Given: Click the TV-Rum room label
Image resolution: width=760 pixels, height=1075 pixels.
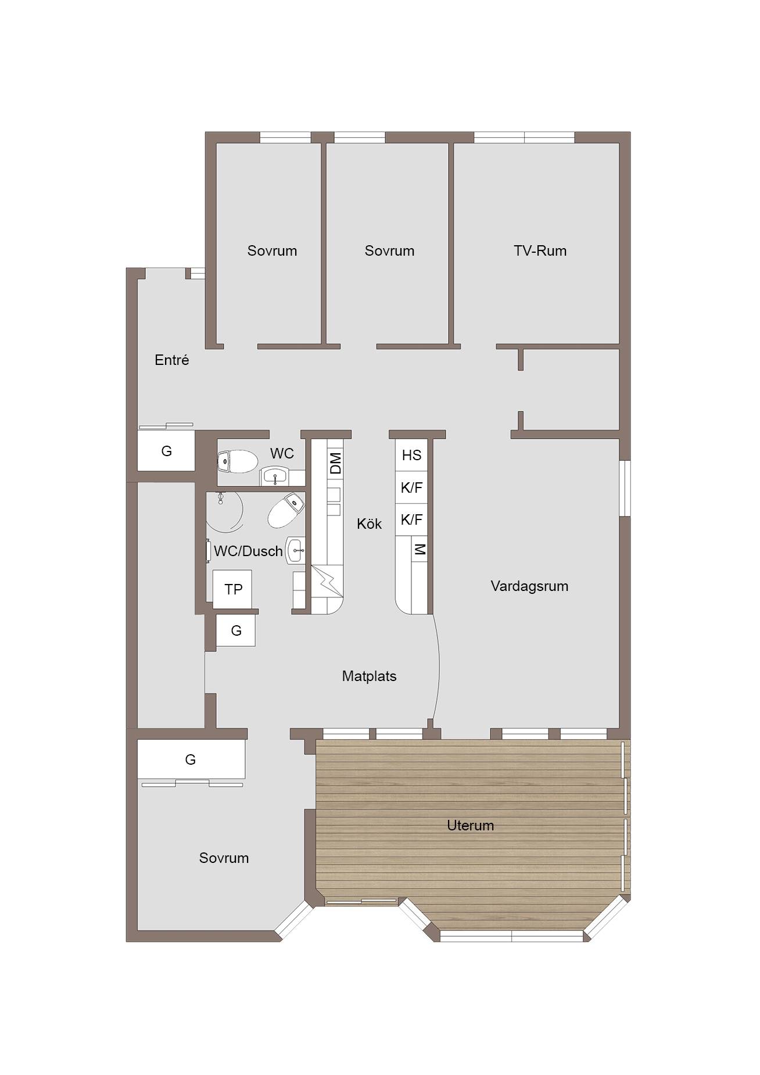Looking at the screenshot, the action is point(540,250).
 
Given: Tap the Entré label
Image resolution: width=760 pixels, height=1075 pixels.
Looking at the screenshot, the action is point(172,360).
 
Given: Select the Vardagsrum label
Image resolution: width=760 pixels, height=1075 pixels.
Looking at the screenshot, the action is point(529,586).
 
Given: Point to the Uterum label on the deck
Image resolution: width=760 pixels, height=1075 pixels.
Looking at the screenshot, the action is point(470,825).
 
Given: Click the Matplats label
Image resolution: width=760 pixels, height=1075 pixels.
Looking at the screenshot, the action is point(369,676).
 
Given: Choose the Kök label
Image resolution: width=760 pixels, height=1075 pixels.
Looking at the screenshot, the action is point(369,524).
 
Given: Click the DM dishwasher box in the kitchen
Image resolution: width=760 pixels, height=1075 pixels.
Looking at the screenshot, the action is point(335,464).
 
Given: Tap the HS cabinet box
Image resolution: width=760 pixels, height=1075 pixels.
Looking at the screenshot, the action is point(411,455).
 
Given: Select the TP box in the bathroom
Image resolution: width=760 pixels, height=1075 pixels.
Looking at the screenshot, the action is point(233,589).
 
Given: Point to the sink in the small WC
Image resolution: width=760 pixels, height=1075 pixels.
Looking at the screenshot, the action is point(274,476).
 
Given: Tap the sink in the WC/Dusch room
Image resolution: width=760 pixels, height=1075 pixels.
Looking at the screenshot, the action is point(296,550).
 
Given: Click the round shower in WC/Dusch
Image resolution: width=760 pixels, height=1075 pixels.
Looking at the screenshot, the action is point(224,512).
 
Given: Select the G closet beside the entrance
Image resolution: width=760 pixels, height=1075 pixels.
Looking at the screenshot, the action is point(166,450).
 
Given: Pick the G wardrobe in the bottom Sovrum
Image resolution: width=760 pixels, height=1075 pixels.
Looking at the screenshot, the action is point(191,759).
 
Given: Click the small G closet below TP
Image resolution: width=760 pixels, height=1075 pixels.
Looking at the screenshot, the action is point(236,630).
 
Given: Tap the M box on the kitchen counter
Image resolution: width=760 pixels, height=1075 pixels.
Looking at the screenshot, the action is point(420,549).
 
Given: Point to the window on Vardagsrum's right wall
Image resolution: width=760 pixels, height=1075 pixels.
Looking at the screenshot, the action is point(625,488).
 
